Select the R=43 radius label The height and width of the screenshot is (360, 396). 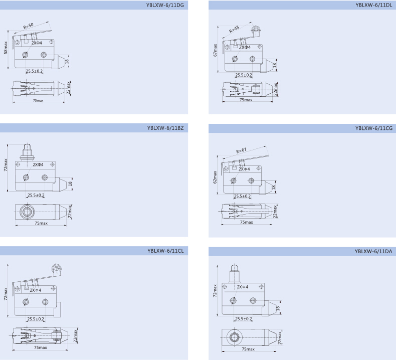[x=234, y=30]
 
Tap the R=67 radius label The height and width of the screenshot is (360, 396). [x=242, y=150]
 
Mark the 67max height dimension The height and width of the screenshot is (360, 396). [x=215, y=50]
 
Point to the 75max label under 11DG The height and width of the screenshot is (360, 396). [x=38, y=100]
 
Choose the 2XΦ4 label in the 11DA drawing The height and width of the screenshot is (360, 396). [x=243, y=287]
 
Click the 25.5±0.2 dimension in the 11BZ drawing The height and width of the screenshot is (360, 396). [x=36, y=195]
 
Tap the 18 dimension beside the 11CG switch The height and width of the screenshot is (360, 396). [x=273, y=187]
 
